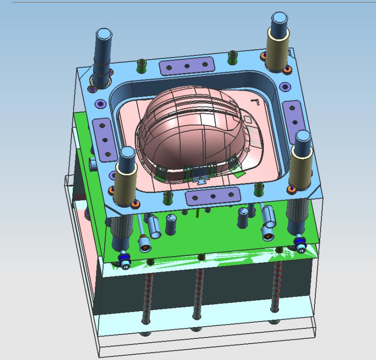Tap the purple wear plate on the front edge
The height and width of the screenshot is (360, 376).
pos(214,196)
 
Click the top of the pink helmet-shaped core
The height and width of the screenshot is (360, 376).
pos(188,113)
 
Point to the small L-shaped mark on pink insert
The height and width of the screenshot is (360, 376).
pos(255,101)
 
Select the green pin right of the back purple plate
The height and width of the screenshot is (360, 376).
pos(231,57)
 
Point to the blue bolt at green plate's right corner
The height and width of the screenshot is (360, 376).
pos(298,243)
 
